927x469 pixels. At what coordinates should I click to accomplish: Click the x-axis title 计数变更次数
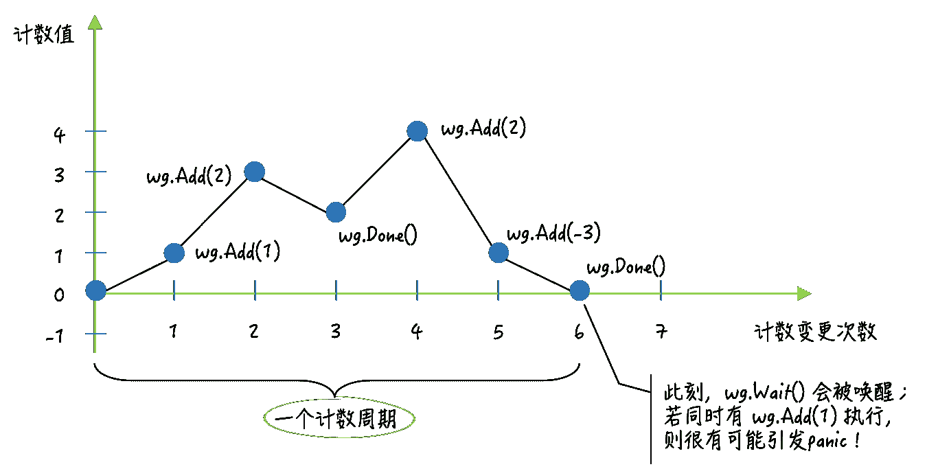tap(815, 332)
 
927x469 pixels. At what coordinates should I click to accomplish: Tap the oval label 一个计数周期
tap(340, 418)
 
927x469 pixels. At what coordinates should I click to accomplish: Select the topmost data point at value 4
tap(417, 131)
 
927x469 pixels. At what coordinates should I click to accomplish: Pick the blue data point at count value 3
tap(255, 172)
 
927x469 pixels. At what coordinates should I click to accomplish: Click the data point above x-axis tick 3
tap(336, 212)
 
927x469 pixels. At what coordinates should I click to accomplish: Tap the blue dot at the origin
tap(96, 291)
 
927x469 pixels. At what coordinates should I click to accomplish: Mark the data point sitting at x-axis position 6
tap(579, 291)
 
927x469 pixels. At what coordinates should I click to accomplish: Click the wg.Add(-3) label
tap(553, 233)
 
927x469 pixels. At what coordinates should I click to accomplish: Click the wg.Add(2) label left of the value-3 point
tap(189, 177)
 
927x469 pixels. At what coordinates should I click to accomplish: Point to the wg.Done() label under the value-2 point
tap(378, 237)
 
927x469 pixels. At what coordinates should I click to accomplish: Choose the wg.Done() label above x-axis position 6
tap(626, 267)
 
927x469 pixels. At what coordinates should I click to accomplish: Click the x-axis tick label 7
tap(661, 332)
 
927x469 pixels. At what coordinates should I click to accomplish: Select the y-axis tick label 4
tap(60, 133)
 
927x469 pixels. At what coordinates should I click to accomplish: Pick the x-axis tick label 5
tap(498, 332)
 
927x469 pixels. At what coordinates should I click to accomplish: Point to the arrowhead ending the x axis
tap(804, 293)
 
